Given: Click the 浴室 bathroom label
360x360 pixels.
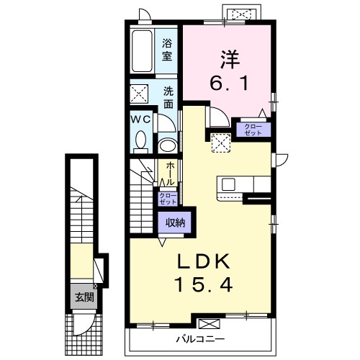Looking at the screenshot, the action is pyautogui.click(x=167, y=50).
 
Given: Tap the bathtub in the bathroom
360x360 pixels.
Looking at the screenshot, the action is pyautogui.click(x=143, y=51).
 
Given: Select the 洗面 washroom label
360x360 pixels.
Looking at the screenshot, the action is pyautogui.click(x=168, y=97).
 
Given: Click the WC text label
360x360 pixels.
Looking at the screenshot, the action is pyautogui.click(x=140, y=120).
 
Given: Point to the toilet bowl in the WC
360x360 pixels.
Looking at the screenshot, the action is pyautogui.click(x=140, y=141).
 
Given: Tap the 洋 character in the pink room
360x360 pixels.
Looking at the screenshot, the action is pyautogui.click(x=230, y=59).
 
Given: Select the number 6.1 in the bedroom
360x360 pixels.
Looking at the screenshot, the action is pyautogui.click(x=229, y=83).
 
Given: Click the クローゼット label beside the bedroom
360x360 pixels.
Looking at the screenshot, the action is pyautogui.click(x=253, y=130).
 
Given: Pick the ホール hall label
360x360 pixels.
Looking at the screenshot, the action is pyautogui.click(x=170, y=174).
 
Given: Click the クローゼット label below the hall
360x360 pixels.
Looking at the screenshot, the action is pyautogui.click(x=168, y=199).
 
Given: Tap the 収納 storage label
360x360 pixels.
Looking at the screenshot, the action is pyautogui.click(x=175, y=222).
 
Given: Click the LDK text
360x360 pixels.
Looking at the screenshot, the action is pyautogui.click(x=204, y=261).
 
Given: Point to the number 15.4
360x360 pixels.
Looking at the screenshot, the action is pyautogui.click(x=204, y=284).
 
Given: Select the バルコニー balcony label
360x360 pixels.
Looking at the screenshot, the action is pyautogui.click(x=201, y=339).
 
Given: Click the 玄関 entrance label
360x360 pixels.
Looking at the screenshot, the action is pyautogui.click(x=84, y=297).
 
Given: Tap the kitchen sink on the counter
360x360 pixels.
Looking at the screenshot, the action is pyautogui.click(x=228, y=184).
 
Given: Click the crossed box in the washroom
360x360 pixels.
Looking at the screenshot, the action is pyautogui.click(x=139, y=94).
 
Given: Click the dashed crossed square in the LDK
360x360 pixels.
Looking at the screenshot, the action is pyautogui.click(x=221, y=143).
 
